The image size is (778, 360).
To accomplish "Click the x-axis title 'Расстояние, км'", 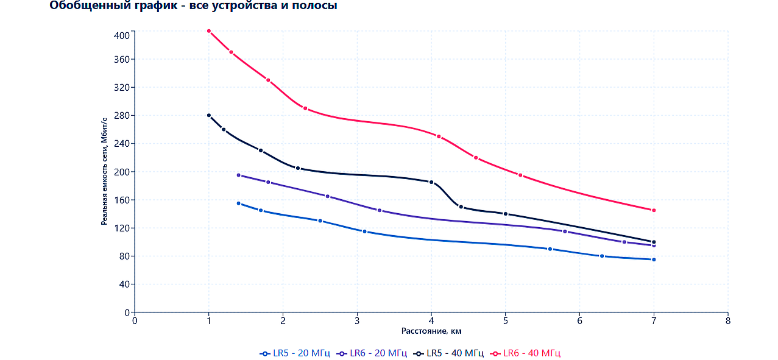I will click(431, 331).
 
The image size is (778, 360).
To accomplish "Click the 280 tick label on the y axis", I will click(122, 116).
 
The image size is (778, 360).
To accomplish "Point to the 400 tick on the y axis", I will click(122, 35).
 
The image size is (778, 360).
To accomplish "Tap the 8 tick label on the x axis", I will click(728, 321).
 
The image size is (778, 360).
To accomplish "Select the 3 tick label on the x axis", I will click(357, 321).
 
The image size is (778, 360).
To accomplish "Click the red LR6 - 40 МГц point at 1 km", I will click(209, 31).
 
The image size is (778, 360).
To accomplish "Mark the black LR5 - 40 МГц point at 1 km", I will click(209, 115).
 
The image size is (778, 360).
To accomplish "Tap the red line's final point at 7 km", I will click(654, 210).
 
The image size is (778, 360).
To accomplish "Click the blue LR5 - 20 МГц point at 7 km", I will click(654, 259).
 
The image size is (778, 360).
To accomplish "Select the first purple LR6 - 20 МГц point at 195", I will click(238, 175).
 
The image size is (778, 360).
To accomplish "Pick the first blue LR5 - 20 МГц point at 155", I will click(238, 203).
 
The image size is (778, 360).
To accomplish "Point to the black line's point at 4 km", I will click(431, 182).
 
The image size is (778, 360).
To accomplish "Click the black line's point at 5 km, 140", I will click(506, 214).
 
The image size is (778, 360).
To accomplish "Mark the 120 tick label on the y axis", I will click(122, 228).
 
